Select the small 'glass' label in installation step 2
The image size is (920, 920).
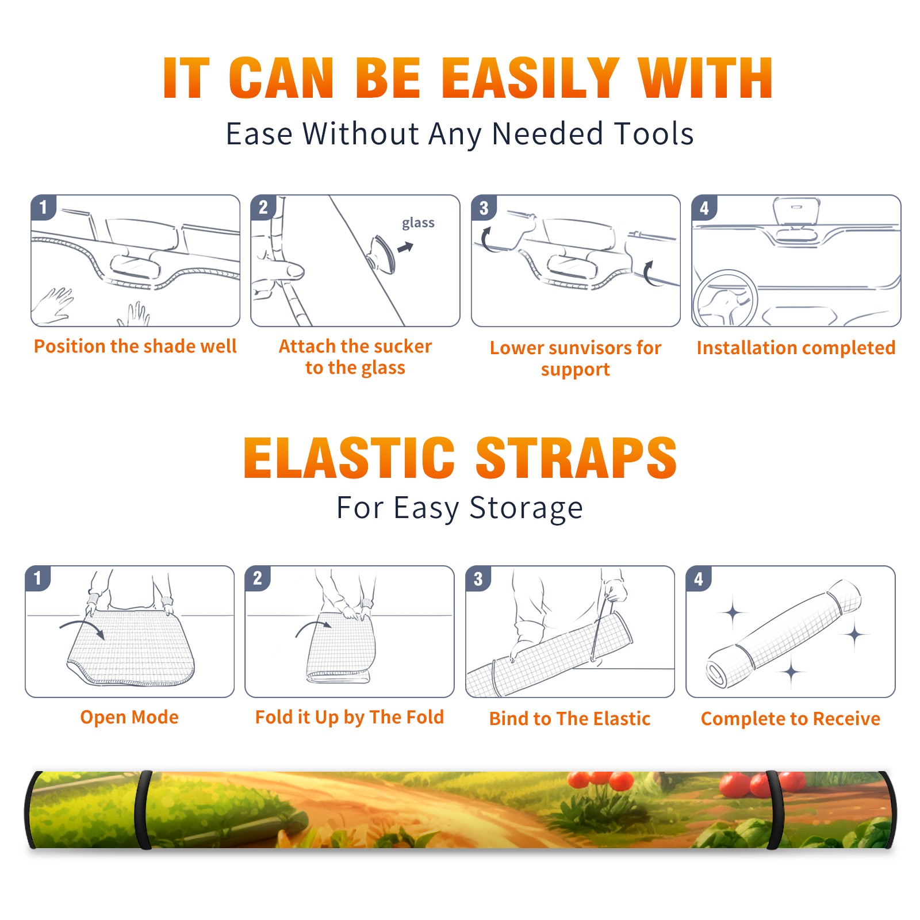(x=418, y=223)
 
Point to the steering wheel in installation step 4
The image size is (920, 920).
(x=724, y=298)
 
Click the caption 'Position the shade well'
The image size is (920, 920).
(x=135, y=346)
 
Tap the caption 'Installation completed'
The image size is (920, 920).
(x=796, y=348)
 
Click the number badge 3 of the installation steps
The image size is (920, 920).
(x=484, y=208)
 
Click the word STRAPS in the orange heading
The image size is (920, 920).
(x=576, y=458)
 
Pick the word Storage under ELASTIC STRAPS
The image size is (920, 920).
(x=526, y=508)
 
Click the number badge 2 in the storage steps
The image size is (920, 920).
(x=257, y=578)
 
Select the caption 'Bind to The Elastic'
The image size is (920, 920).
(x=569, y=719)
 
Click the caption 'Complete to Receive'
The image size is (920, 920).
(x=791, y=719)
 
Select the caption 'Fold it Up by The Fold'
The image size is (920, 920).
(x=350, y=717)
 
